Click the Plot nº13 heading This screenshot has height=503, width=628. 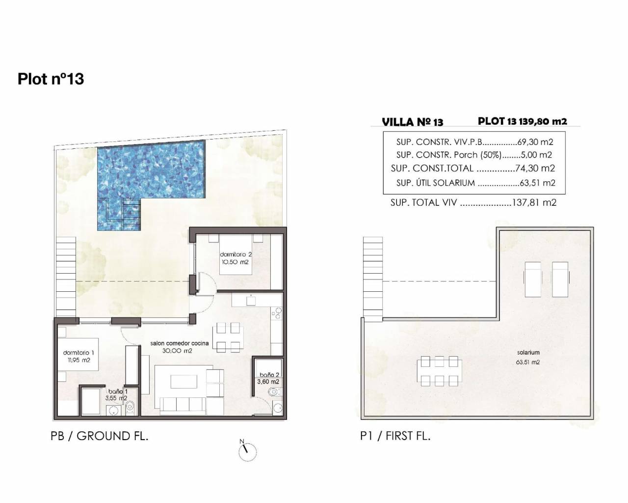click(x=51, y=79)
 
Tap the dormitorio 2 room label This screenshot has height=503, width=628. click(x=235, y=254)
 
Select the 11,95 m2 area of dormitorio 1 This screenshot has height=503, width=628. click(x=79, y=361)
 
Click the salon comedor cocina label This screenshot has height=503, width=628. click(x=180, y=343)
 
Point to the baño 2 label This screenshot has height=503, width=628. click(x=269, y=375)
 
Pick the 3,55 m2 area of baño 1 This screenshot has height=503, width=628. click(x=116, y=398)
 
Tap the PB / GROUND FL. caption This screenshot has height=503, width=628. click(x=100, y=436)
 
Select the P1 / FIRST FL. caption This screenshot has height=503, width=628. click(x=395, y=436)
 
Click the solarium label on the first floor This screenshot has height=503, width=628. click(x=528, y=353)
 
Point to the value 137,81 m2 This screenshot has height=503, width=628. click(x=534, y=202)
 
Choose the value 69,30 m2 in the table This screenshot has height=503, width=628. click(x=535, y=142)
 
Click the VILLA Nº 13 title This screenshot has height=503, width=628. click(x=412, y=122)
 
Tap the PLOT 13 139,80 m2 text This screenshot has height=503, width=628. click(x=523, y=121)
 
